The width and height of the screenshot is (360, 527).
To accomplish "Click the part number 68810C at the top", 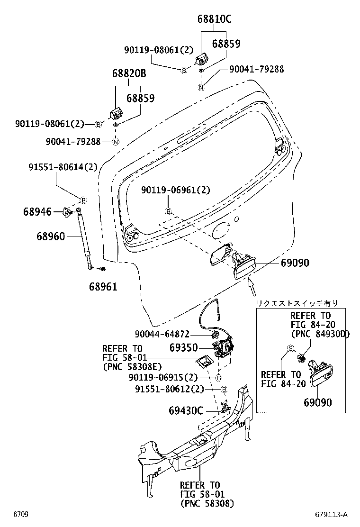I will pos(215,19).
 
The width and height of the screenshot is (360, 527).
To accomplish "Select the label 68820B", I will pos(129,74).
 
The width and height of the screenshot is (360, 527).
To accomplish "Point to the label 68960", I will pos(51,235).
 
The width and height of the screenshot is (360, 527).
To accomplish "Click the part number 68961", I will pos(103,286).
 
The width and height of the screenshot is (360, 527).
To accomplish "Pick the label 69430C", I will pos(186,409).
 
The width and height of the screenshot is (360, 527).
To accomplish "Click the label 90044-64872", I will pos(168,334).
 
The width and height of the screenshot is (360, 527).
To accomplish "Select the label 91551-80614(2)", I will pos(63,167).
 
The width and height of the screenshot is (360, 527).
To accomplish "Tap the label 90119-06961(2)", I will pos(176,190).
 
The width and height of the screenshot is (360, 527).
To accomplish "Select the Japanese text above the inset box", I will pos(297,303).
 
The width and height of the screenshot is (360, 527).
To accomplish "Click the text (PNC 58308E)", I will pos(132,366).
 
